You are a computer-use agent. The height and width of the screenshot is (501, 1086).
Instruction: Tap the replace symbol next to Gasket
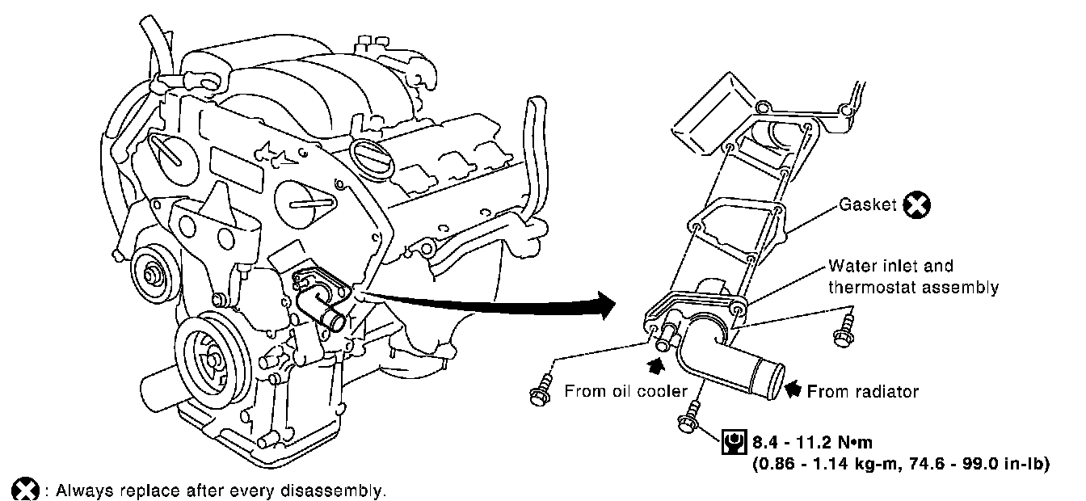(x=917, y=204)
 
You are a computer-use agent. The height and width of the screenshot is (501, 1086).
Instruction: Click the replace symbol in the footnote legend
(x=25, y=489)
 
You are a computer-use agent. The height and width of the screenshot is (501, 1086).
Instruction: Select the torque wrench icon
(x=735, y=442)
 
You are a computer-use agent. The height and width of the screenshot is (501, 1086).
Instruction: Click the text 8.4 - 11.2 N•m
(x=812, y=442)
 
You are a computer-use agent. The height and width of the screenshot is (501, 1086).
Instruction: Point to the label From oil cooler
(x=626, y=391)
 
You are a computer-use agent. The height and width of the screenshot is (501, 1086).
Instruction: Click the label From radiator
(x=863, y=391)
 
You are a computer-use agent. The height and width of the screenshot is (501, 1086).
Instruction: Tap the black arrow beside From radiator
(x=793, y=389)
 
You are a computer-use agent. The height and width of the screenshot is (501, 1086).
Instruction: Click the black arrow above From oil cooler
(x=656, y=366)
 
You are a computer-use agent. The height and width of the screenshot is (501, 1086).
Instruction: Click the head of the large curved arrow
(x=606, y=305)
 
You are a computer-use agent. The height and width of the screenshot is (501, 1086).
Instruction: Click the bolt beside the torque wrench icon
(x=689, y=418)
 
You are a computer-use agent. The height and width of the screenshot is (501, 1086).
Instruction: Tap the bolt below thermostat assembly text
(x=844, y=330)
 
